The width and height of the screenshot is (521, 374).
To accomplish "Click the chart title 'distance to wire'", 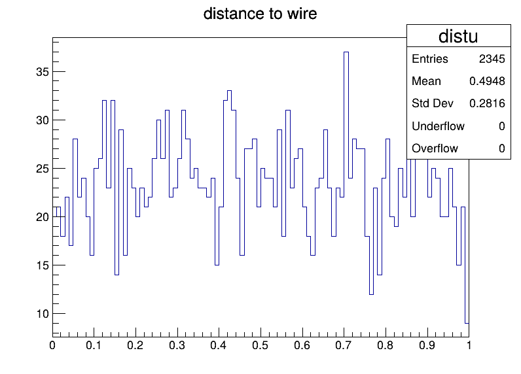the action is coord(260,14).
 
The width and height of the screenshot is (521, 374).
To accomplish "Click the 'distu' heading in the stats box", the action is coord(458,36).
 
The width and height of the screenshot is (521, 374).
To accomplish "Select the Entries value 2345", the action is coord(492,59).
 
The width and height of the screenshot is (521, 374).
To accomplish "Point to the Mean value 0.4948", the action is coord(487,81).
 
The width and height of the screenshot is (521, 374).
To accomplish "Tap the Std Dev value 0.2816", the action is coord(487,103).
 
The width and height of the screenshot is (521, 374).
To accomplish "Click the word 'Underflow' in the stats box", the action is coord(438,126).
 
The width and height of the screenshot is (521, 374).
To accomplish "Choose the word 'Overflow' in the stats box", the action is coord(435,148).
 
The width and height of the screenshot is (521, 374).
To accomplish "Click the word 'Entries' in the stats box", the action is coord(430,59).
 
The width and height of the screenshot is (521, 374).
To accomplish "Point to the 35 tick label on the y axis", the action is coord(43,72).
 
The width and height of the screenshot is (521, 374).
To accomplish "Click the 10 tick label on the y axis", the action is coord(43,314).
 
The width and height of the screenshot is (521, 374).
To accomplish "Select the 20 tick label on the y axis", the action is coord(43,217).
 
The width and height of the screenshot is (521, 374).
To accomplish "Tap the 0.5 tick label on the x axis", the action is coord(260,345).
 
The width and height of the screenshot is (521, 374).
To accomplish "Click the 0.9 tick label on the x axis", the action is coord(427,345).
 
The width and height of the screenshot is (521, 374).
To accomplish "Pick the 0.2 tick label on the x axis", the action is coord(135,345).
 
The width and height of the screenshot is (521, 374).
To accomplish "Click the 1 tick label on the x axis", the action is coord(469,345).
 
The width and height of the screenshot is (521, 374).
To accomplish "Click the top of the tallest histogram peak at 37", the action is coord(346,52).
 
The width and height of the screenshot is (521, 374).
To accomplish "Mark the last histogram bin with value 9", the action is coord(467,323).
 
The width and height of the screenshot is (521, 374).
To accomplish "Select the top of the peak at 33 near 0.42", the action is coord(229,91).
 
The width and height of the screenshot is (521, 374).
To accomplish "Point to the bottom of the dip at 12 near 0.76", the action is coord(371,294).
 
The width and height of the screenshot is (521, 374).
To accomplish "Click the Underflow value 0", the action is coord(502,126).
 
